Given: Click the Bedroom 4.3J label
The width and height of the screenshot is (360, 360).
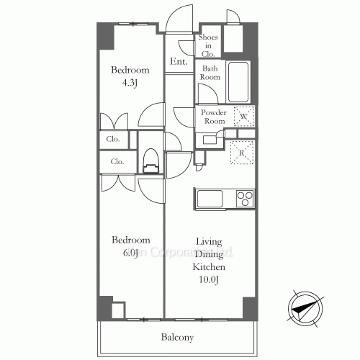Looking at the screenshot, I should click(130, 76).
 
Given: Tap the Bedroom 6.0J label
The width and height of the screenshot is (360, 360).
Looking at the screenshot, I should click(130, 246).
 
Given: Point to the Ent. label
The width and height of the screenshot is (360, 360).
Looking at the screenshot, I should click(179, 62).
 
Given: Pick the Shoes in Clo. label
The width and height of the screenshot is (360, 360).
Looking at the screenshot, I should click(209, 45).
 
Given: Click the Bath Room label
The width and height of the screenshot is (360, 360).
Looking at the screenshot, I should click(210, 72).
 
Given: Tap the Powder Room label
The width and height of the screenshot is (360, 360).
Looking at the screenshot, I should click(213, 117).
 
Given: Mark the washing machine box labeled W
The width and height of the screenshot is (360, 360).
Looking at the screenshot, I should click(245, 116).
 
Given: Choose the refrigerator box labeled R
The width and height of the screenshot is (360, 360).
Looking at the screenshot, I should click(241, 152).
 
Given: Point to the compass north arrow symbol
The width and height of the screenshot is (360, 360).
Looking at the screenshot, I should click(305, 307).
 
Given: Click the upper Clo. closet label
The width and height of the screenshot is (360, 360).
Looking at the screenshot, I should click(114, 138).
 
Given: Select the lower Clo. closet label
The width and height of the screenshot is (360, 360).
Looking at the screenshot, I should click(117, 162).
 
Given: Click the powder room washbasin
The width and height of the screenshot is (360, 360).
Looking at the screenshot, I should click(210, 140).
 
